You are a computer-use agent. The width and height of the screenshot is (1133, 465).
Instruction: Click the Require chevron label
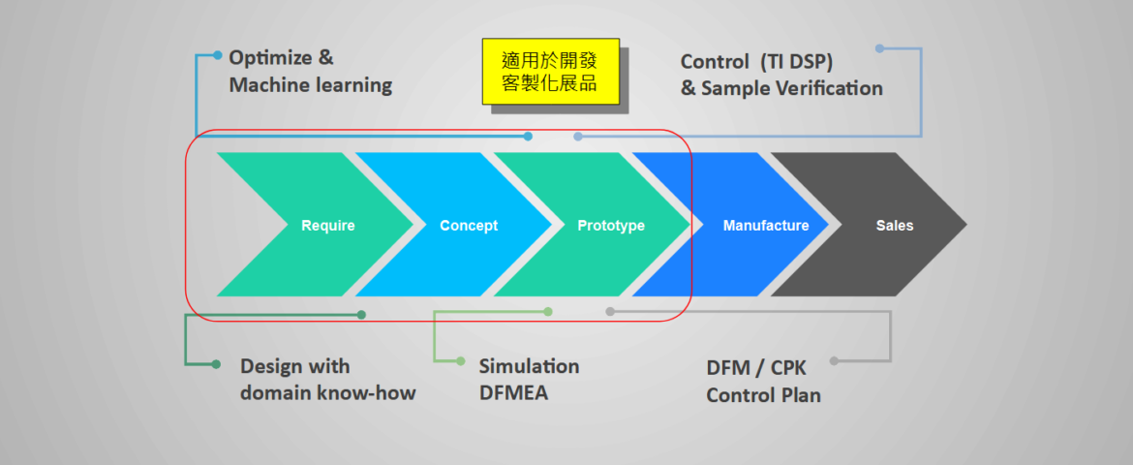click(328, 226)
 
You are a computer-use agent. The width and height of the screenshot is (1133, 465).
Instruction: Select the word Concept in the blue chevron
click(469, 226)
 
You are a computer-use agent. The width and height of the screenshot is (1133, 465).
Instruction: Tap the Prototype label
click(611, 226)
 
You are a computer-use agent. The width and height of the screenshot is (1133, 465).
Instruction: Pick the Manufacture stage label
click(766, 226)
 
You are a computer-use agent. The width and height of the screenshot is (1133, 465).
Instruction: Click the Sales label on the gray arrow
click(895, 226)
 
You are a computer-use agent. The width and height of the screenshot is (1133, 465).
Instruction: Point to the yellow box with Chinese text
click(550, 72)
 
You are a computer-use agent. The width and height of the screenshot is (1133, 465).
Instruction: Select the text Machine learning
click(311, 85)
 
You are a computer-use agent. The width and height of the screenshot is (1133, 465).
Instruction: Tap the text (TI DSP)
click(795, 61)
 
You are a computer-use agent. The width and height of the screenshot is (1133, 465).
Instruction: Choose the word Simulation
click(530, 366)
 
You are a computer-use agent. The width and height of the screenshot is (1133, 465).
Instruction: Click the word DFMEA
click(513, 393)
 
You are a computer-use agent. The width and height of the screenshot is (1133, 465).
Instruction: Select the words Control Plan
click(763, 395)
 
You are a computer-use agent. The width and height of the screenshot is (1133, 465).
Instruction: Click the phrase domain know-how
click(328, 393)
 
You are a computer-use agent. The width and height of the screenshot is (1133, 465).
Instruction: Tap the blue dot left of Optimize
click(218, 55)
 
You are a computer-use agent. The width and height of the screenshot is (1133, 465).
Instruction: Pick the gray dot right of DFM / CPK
click(834, 361)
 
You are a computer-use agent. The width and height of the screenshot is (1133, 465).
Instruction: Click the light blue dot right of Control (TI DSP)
click(879, 47)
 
